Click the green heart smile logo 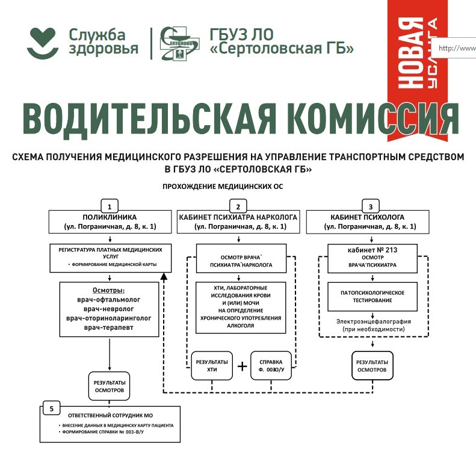click(43, 42)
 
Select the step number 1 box click(109, 204)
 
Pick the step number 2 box click(239, 204)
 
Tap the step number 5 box click(52, 409)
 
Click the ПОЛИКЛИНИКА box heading click(110, 217)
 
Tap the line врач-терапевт click(109, 328)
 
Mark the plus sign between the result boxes click(242, 366)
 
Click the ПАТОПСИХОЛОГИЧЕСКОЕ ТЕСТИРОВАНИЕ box click(371, 296)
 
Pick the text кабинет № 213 click(372, 249)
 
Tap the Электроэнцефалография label click(374, 321)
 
